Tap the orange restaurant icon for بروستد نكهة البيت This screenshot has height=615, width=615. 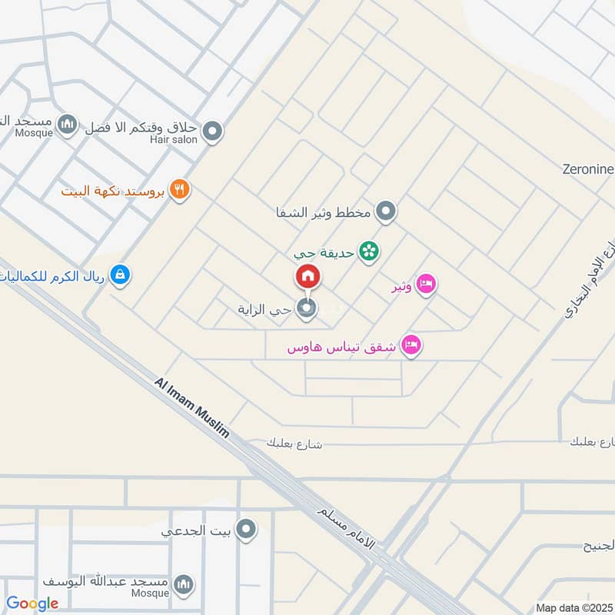click(x=179, y=189)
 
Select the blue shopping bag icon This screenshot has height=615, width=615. click(x=119, y=273)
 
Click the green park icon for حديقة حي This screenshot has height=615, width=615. click(x=371, y=251)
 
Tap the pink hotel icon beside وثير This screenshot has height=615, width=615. click(x=427, y=285)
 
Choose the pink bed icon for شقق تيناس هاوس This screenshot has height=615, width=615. click(x=412, y=347)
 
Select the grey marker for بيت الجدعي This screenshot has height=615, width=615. click(x=246, y=529)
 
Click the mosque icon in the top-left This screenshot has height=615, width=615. click(x=68, y=125)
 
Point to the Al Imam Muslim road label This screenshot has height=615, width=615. click(x=192, y=407)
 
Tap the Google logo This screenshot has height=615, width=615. click(x=32, y=603)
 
